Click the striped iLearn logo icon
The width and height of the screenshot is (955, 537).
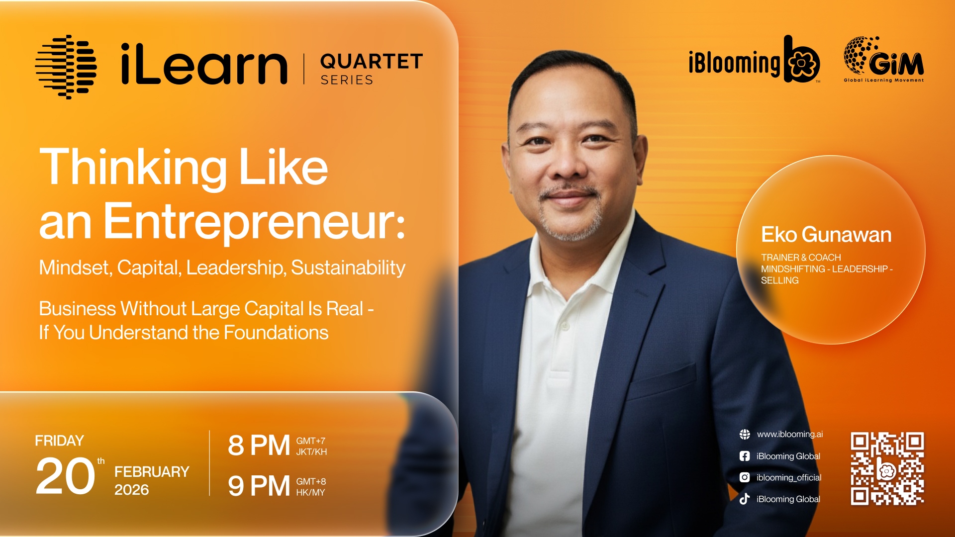tap(66, 67)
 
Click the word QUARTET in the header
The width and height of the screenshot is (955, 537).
tap(372, 62)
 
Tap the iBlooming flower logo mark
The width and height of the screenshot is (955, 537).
tap(802, 60)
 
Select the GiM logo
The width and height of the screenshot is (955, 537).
tap(883, 59)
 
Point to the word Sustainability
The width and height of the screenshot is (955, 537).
tap(348, 268)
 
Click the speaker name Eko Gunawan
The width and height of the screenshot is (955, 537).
tap(826, 235)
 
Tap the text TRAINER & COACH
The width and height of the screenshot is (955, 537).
tap(801, 258)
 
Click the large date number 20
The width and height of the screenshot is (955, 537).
tap(65, 476)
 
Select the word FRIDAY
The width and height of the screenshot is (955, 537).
tap(59, 441)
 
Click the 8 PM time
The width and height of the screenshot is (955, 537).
tap(259, 445)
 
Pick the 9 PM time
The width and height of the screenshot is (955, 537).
tap(259, 486)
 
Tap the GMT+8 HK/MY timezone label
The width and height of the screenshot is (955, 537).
tap(311, 487)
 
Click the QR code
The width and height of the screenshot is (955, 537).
tap(887, 468)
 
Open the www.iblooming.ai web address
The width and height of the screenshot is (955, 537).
tap(790, 434)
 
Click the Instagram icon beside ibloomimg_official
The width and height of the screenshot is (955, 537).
tap(745, 477)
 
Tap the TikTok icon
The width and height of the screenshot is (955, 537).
tap(745, 499)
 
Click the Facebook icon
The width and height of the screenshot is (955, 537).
tap(745, 456)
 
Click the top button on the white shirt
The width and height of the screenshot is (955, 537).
tap(565, 326)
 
